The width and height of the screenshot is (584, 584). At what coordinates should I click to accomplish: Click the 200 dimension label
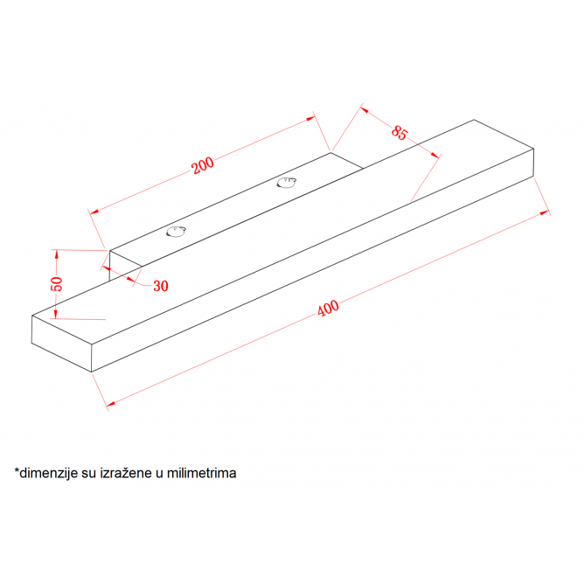(203, 165)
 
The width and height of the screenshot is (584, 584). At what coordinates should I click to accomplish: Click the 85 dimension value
(400, 133)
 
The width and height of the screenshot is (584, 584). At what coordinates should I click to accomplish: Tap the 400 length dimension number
(328, 309)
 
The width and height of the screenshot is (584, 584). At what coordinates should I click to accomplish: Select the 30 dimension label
(161, 286)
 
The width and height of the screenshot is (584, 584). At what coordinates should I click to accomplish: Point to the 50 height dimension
(57, 284)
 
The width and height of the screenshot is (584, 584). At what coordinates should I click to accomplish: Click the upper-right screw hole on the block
(287, 183)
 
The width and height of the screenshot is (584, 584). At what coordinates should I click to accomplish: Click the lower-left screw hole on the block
(176, 232)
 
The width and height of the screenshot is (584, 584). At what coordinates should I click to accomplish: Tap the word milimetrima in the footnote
(201, 473)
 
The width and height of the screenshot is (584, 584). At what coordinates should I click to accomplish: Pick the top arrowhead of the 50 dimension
(57, 254)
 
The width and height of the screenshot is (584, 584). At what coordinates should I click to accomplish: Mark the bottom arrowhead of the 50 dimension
(56, 315)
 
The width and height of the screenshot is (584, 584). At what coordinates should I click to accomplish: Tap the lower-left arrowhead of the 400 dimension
(111, 403)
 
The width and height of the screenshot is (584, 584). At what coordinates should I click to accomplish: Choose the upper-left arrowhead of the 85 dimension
(365, 110)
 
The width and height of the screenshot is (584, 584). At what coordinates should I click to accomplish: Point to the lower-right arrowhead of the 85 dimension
(435, 155)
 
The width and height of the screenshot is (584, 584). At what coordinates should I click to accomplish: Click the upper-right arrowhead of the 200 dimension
(310, 118)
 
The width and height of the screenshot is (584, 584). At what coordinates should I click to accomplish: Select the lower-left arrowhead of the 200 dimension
(94, 212)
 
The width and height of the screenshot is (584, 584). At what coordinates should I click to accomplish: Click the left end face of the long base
(61, 344)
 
